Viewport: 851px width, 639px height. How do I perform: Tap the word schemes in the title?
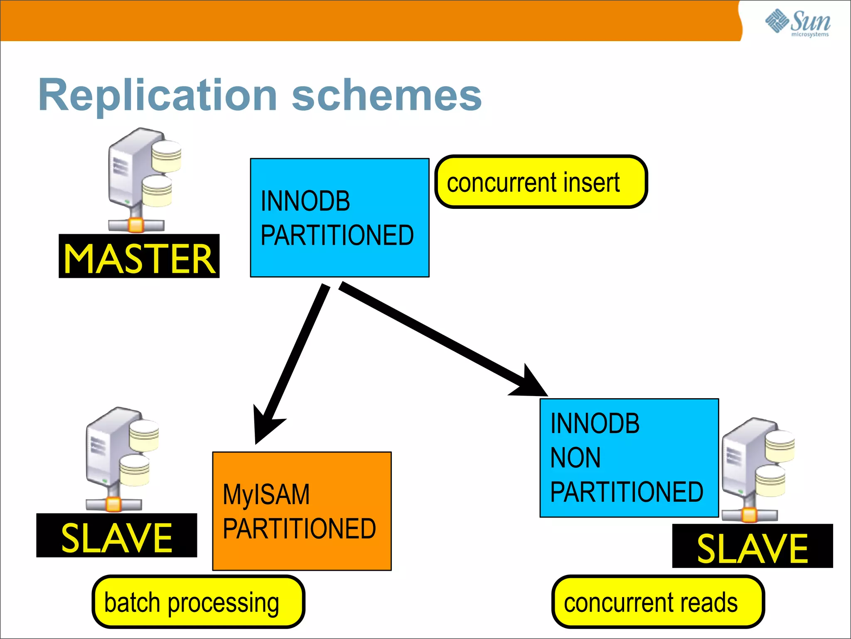pos(386,96)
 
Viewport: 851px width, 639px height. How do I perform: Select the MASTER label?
pos(139,257)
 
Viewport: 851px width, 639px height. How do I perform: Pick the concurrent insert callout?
pos(541,182)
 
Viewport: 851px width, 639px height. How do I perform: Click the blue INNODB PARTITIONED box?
pos(339,218)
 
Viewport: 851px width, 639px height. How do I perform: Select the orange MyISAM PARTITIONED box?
pos(302,511)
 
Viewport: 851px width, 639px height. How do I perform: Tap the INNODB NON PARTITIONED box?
pos(629,458)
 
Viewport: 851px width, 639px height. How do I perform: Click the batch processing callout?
pos(198,602)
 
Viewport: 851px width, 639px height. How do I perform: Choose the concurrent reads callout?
pos(658,602)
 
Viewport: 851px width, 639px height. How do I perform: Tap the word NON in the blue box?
pos(575,458)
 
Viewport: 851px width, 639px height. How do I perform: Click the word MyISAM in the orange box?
pos(266,494)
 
